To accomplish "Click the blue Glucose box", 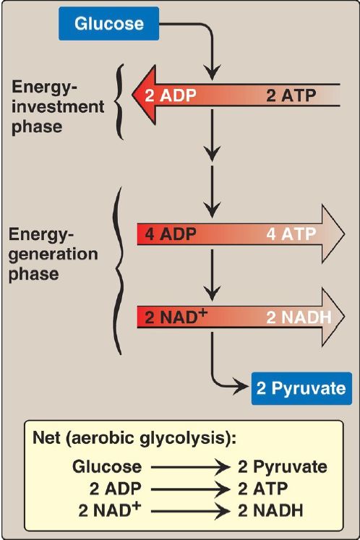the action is [x=109, y=24].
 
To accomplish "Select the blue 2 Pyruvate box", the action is [x=301, y=388].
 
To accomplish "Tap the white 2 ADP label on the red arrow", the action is [x=171, y=95].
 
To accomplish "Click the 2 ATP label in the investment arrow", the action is [x=291, y=95].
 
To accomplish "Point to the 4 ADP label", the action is [x=171, y=234].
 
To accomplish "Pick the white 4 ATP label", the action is [x=291, y=234].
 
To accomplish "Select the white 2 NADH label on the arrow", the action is [x=299, y=317].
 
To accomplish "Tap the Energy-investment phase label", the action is [x=58, y=107].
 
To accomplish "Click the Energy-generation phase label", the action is [x=53, y=254].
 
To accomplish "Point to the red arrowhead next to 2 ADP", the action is [x=144, y=95].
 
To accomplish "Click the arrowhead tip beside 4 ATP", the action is [x=345, y=234].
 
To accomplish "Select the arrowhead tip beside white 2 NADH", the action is [x=345, y=317].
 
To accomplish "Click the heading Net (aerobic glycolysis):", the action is [x=134, y=438].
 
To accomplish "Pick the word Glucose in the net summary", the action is [x=107, y=467].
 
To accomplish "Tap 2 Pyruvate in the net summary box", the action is [x=283, y=467].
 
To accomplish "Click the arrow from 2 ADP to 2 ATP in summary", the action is [x=190, y=489].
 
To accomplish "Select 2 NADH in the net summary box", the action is [x=271, y=511].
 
